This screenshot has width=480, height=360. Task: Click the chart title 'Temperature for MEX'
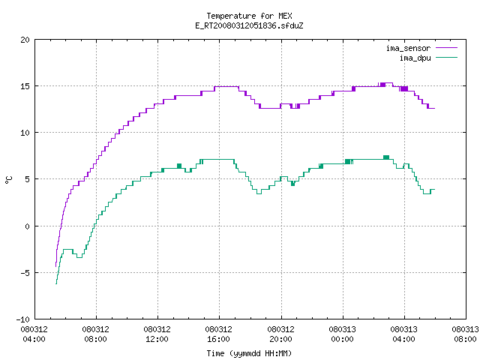249,16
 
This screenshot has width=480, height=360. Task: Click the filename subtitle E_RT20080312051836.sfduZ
249,25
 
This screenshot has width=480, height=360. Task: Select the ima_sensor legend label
408,48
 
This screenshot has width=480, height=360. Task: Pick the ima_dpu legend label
415,58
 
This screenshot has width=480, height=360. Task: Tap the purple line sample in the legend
446,48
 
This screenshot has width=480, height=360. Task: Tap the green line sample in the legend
446,58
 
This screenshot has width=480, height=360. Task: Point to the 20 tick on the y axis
25,40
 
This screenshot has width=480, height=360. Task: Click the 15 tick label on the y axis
25,86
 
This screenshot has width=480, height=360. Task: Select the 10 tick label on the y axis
25,133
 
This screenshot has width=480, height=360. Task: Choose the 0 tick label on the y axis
27,226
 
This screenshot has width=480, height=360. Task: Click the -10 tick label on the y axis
23,319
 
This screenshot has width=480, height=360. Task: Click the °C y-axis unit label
8,180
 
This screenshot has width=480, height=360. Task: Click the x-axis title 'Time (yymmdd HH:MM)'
249,353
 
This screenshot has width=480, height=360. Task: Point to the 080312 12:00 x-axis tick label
157,334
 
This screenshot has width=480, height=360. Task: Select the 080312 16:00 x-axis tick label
218,334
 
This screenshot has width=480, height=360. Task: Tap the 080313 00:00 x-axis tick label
342,334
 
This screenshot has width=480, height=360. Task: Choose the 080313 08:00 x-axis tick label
465,334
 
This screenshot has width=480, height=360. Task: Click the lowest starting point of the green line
56,284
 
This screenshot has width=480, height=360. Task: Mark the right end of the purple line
435,108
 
